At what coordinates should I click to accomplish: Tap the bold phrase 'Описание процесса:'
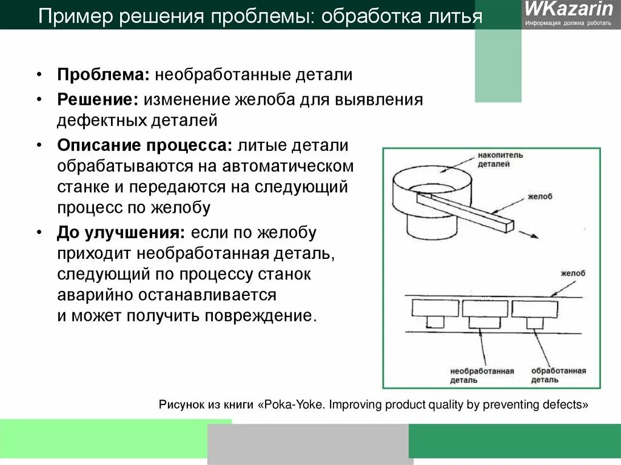[145, 146]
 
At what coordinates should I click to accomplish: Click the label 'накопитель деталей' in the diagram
[500, 159]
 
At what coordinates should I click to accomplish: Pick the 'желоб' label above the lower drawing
[573, 273]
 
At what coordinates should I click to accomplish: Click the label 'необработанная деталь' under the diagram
[482, 375]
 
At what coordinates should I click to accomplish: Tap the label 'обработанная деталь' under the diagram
[557, 375]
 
